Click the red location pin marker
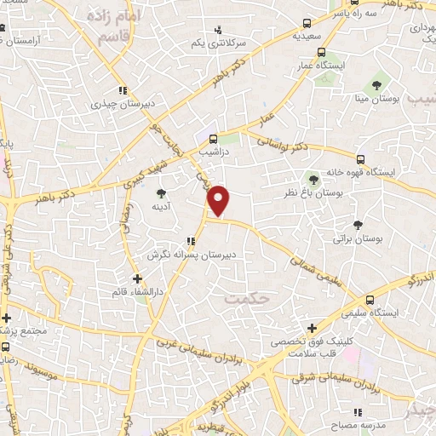point(220,200)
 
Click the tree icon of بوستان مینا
point(376,85)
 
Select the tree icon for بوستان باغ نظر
point(314,179)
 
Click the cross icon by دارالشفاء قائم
point(137,278)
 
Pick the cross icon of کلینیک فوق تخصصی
point(313,327)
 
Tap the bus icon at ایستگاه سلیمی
point(370,300)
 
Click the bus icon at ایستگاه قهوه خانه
point(361,158)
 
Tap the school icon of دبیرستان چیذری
point(123,90)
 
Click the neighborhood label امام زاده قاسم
point(105,27)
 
